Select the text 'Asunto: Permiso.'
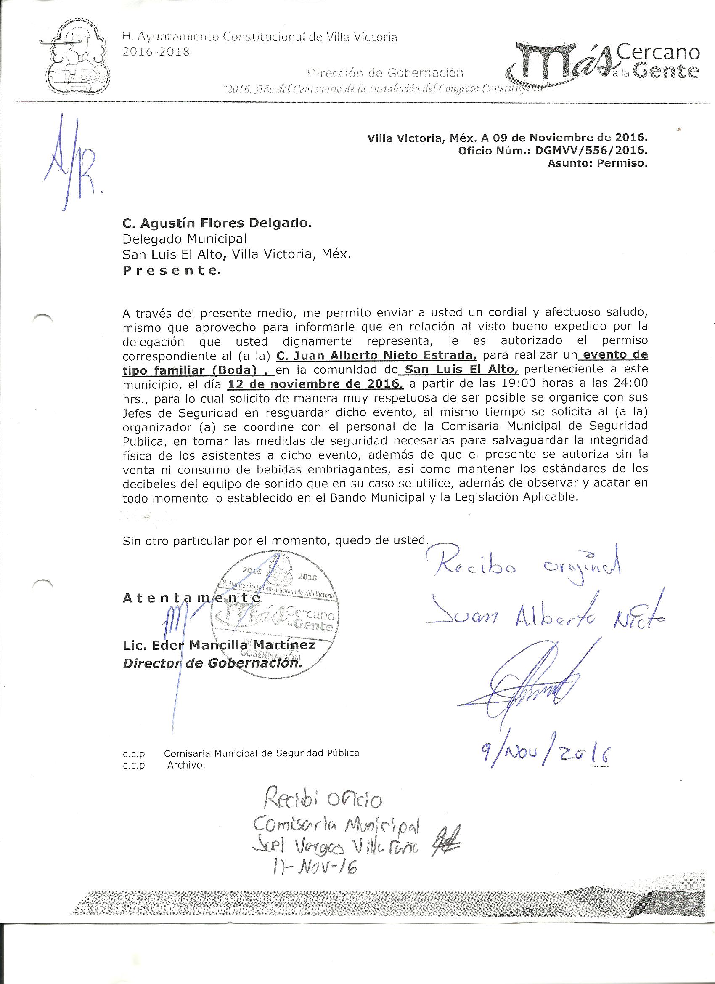[x=597, y=164]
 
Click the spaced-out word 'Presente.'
[x=172, y=271]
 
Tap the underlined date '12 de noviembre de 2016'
[x=315, y=384]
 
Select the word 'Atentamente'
[x=192, y=598]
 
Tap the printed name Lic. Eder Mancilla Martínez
[x=219, y=646]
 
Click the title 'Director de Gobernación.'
[x=212, y=664]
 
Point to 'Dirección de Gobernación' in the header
[x=385, y=72]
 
